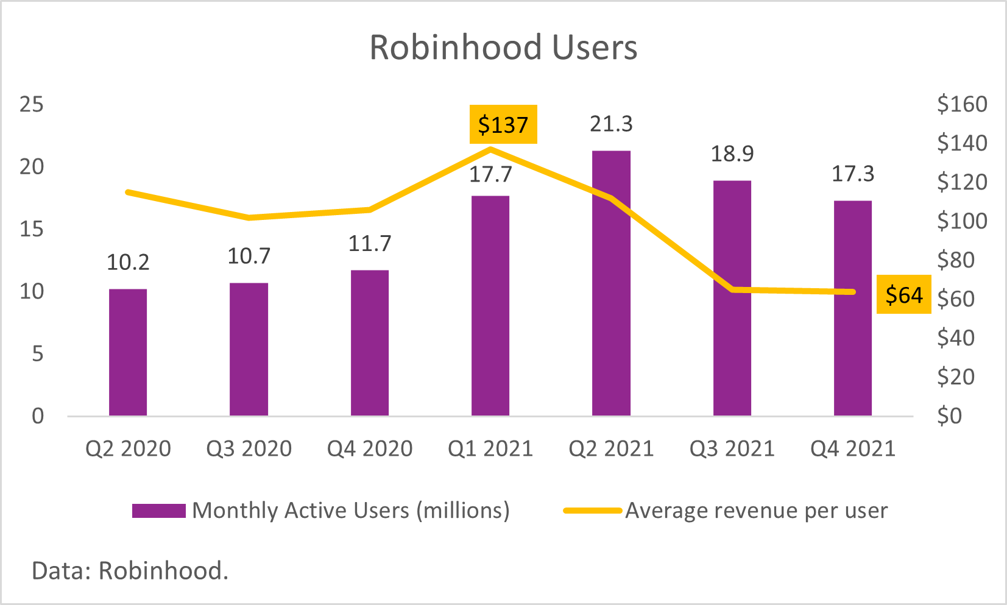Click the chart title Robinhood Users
[x=503, y=48]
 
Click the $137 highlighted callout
[x=503, y=125]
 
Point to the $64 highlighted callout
[x=903, y=295]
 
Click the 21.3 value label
[x=611, y=124]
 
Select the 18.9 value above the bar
[x=732, y=154]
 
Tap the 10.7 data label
[x=249, y=257]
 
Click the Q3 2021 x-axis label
[x=732, y=449]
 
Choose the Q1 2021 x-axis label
[x=490, y=449]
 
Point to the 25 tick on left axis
[x=32, y=105]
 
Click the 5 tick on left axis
[x=38, y=354]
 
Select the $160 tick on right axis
[x=962, y=105]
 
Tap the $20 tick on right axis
[x=956, y=377]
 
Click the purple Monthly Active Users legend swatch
[x=159, y=511]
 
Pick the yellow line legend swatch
[x=592, y=511]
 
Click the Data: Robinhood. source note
[x=130, y=571]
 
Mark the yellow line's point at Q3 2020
[x=249, y=218]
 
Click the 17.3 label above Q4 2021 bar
[x=853, y=175]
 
